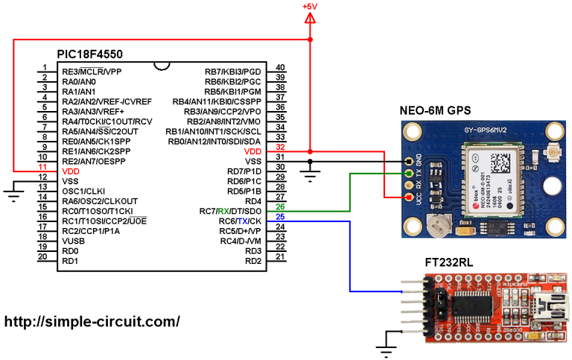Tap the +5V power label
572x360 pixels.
click(x=310, y=7)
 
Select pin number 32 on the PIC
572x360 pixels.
click(x=280, y=151)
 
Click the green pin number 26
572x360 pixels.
click(x=280, y=207)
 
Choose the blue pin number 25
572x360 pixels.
click(x=280, y=217)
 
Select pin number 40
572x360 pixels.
click(x=280, y=67)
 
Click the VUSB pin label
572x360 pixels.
click(x=74, y=241)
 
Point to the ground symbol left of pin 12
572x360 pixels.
click(x=13, y=195)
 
